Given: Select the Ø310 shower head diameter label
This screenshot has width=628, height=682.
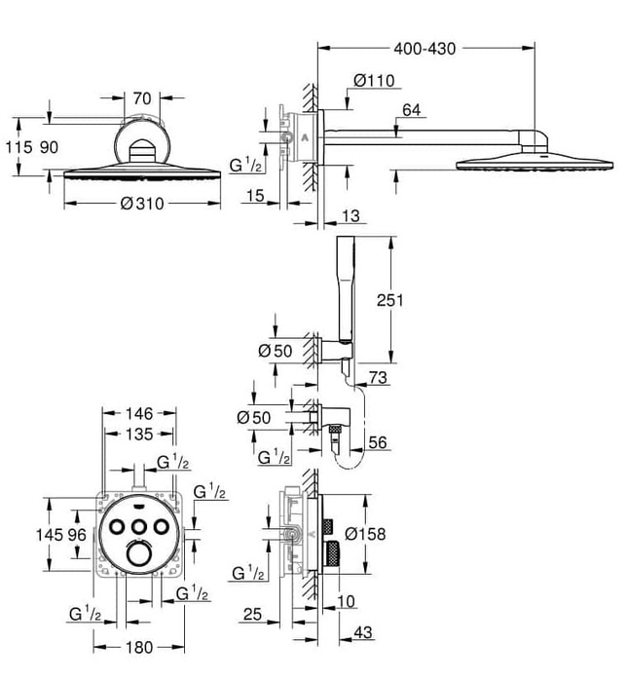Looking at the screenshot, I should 141,204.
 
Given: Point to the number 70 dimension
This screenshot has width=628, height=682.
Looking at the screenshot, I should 143,97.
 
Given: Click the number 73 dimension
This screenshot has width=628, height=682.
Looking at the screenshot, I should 378,377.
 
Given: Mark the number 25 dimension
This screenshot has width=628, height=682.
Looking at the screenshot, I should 253,615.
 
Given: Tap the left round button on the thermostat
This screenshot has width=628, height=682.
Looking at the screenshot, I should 119,527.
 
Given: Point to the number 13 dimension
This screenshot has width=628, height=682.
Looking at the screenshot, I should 352,215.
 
